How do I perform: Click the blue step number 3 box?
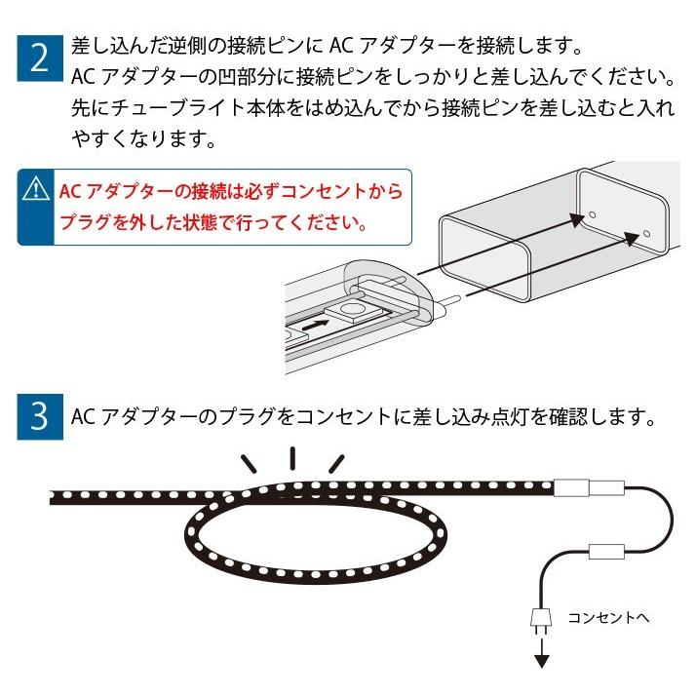point(40,416)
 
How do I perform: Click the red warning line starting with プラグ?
point(213,224)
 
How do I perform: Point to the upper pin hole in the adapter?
point(591,213)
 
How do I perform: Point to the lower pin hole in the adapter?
point(645,235)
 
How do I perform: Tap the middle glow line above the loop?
point(293,458)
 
